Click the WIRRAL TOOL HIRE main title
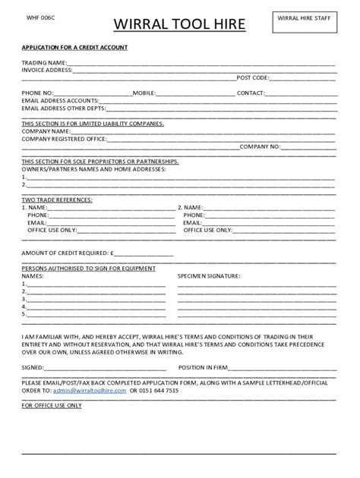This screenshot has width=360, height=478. pyautogui.click(x=179, y=26)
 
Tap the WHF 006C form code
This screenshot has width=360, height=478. pyautogui.click(x=38, y=17)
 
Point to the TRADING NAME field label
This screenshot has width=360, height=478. pyautogui.click(x=44, y=62)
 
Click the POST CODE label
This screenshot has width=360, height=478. pyautogui.click(x=252, y=77)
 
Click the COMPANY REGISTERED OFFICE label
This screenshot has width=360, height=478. pyautogui.click(x=67, y=138)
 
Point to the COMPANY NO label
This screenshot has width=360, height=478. pyautogui.click(x=261, y=146)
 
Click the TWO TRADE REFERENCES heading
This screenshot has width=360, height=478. pyautogui.click(x=58, y=199)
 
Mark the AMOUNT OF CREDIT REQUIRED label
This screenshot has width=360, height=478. pyautogui.click(x=68, y=253)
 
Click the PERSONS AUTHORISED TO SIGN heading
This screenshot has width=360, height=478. pyautogui.click(x=89, y=269)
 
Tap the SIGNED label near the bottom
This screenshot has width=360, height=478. pyautogui.click(x=34, y=367)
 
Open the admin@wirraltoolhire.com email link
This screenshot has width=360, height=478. pyautogui.click(x=88, y=390)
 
